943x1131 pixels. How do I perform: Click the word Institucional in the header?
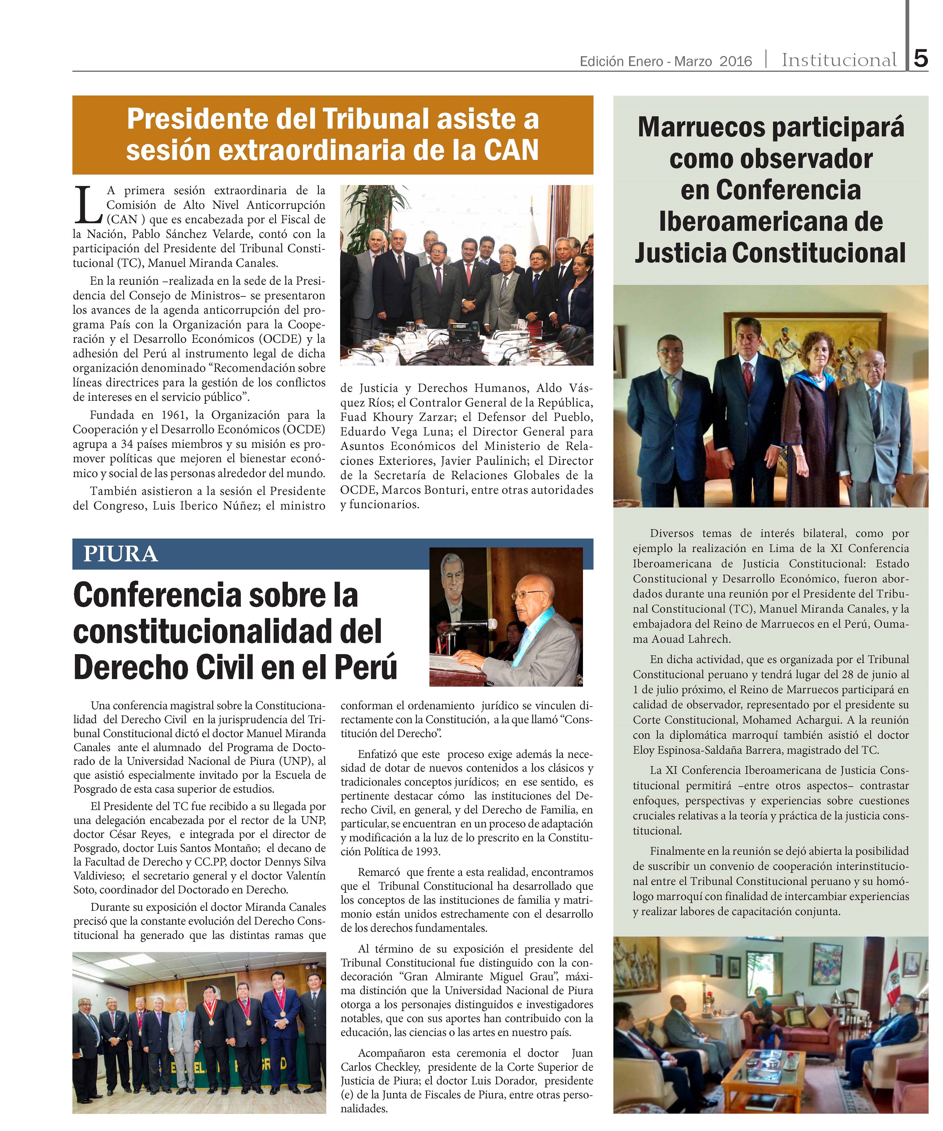[839, 60]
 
